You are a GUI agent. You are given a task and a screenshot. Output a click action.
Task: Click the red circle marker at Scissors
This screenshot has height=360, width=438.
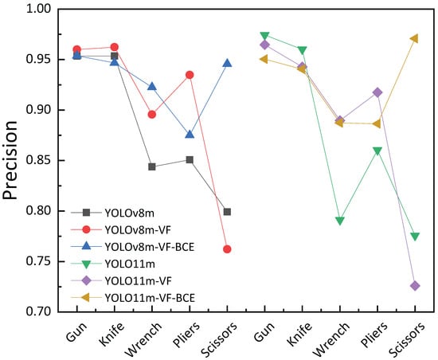coord(227,249)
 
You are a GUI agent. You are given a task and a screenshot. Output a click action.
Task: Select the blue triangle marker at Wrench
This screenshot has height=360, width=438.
coord(152,87)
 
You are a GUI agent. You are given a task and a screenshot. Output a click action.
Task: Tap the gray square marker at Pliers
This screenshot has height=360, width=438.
coord(190,160)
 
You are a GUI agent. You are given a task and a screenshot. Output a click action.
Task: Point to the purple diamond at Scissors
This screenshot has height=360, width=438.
coord(415,286)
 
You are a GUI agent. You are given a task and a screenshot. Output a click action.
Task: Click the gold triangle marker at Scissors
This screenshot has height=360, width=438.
coord(414,38)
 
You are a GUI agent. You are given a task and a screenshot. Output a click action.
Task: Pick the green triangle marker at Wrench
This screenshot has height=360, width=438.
coord(340,221)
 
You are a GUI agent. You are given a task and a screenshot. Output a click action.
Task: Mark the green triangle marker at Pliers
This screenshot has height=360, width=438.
coord(377,151)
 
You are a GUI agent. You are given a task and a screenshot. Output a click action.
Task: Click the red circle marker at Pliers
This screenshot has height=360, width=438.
coord(190,75)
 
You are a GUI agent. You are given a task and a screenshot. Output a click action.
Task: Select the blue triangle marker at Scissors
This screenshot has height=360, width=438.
coord(227,63)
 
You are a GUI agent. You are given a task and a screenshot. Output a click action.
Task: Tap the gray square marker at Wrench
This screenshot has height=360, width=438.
coord(152,167)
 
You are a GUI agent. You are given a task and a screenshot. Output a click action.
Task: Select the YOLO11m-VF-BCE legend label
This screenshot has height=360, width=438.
coord(150,298)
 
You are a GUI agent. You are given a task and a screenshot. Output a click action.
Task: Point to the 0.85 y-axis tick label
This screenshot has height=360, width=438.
coord(38,160)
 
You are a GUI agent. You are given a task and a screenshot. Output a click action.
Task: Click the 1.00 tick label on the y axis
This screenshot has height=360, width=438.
coord(38,9)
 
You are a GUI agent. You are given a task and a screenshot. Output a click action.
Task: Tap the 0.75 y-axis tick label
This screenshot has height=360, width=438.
coord(38,261)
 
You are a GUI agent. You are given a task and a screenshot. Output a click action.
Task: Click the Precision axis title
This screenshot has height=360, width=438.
coord(10,160)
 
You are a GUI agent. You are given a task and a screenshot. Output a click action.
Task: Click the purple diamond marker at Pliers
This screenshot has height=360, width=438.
coord(377,92)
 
